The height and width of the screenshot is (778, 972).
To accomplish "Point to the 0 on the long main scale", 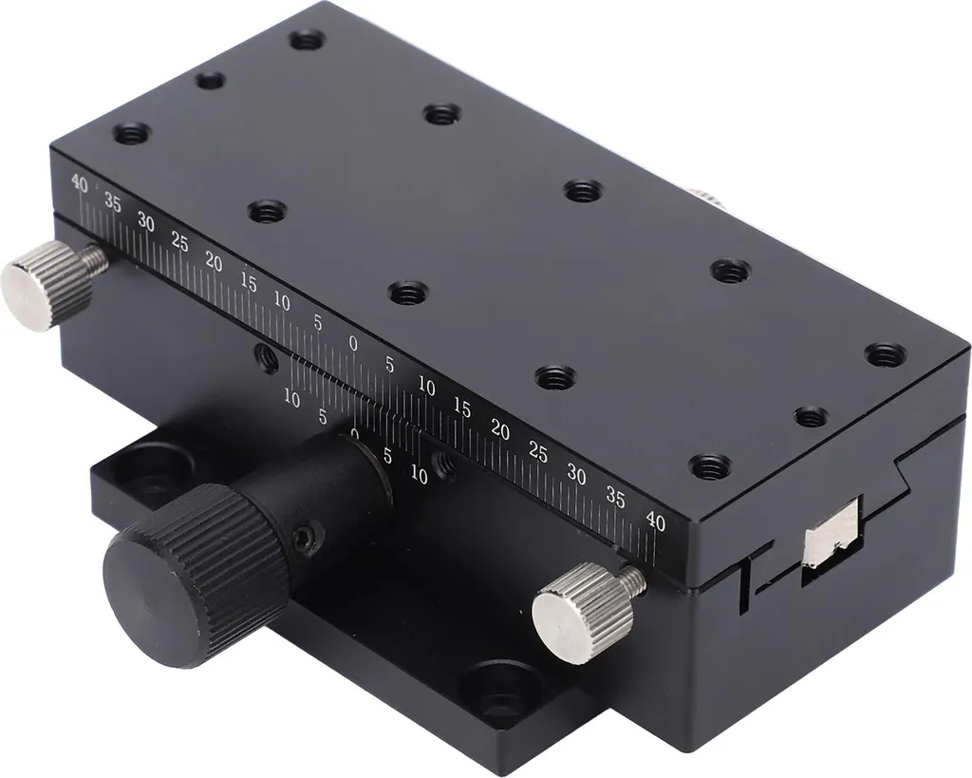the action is click(x=353, y=344).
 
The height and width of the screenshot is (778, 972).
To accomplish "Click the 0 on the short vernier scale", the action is click(x=355, y=433).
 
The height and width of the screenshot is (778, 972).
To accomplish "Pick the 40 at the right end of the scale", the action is click(x=655, y=523).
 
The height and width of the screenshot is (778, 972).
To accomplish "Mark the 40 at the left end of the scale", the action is click(x=80, y=183).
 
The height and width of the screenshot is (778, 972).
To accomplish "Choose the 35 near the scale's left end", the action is click(x=112, y=203).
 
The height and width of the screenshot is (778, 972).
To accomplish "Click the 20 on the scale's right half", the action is click(x=500, y=429).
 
